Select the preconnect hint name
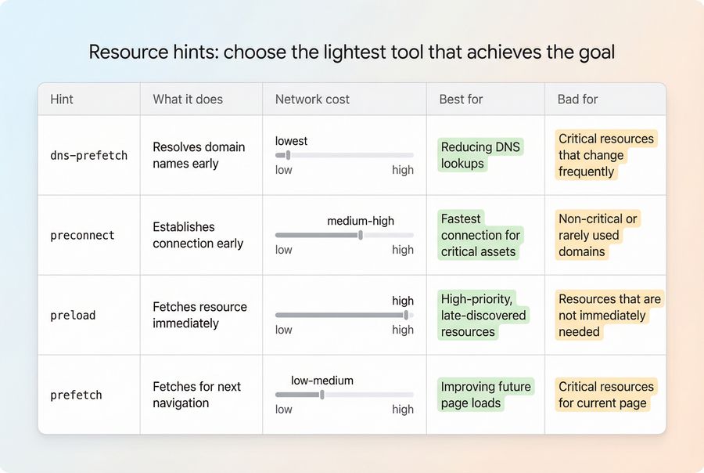click(x=82, y=235)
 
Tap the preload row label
click(x=73, y=315)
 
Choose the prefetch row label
click(x=76, y=395)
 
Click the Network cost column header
click(x=312, y=99)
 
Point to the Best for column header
click(x=462, y=99)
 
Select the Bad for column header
click(x=577, y=99)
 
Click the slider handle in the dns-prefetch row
click(x=288, y=155)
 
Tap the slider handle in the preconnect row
click(x=360, y=235)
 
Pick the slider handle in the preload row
click(x=405, y=315)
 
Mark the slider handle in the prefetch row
click(x=321, y=395)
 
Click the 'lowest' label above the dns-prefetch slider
click(x=291, y=141)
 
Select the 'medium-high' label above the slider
click(x=361, y=221)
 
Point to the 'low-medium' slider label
click(x=322, y=381)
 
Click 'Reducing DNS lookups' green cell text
click(x=480, y=155)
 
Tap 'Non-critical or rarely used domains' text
click(x=598, y=235)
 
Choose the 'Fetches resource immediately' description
click(x=199, y=315)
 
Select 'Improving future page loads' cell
click(x=486, y=395)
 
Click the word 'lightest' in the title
click(x=361, y=52)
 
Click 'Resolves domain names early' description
click(x=199, y=155)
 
